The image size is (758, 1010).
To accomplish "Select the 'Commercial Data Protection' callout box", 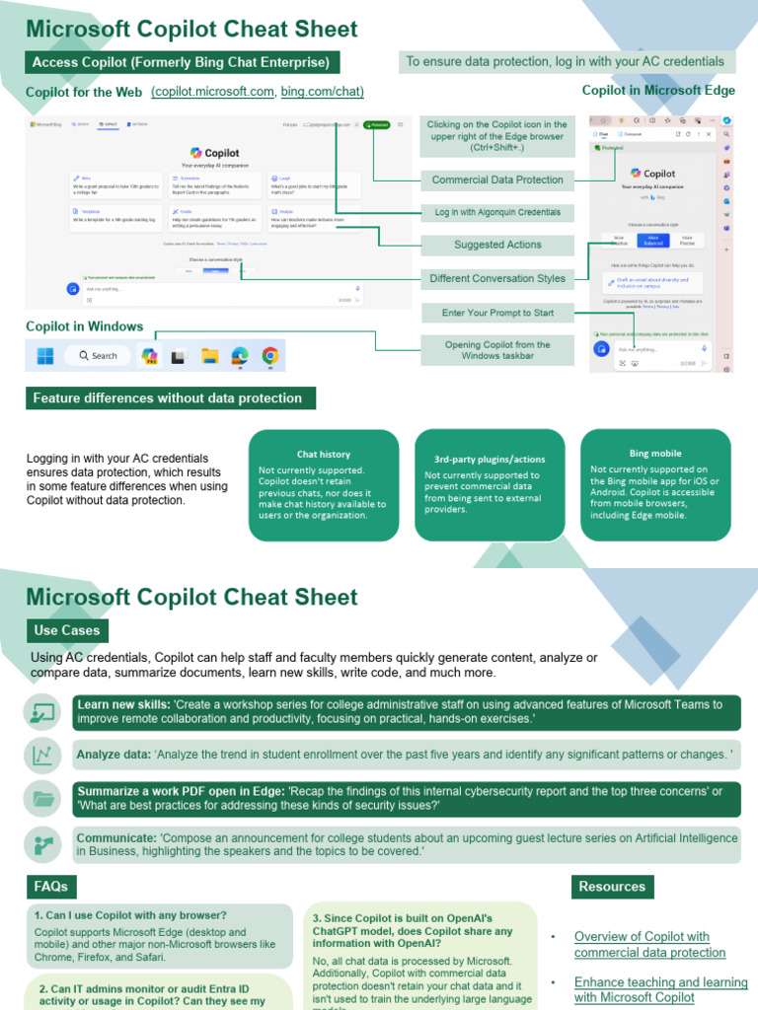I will [497, 180].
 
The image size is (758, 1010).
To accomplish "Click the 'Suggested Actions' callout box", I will [497, 245].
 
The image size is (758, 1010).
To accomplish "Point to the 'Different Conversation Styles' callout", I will [497, 279].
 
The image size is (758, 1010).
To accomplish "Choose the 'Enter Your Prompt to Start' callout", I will [497, 313].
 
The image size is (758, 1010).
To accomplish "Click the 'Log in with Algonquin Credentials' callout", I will [497, 212].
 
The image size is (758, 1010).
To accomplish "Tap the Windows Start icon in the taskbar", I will [45, 356].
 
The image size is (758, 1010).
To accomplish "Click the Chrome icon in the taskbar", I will [269, 356].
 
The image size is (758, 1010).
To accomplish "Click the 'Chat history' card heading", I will [324, 455].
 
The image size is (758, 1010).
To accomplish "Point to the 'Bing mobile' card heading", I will [654, 454].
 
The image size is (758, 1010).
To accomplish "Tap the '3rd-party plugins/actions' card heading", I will [490, 460].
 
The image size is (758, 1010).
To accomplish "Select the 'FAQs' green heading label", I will [51, 887].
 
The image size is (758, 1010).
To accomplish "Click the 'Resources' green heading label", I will [612, 887].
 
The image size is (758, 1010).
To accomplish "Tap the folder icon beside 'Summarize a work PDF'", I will [43, 799].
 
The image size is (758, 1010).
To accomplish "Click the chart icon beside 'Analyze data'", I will [43, 756].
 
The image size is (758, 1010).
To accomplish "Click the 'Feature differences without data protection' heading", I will [168, 398].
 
